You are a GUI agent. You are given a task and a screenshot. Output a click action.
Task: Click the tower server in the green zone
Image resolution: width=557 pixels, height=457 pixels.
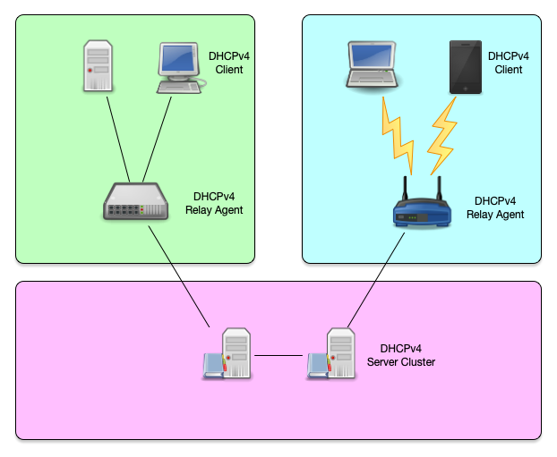pyautogui.click(x=98, y=64)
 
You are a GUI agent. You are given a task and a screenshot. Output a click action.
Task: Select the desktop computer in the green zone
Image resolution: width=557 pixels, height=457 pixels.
pyautogui.click(x=178, y=61)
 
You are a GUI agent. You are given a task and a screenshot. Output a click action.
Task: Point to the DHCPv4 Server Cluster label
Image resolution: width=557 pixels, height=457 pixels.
pyautogui.click(x=400, y=355)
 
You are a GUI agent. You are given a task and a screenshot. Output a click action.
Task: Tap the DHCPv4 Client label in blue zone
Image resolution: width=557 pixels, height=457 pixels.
pyautogui.click(x=508, y=63)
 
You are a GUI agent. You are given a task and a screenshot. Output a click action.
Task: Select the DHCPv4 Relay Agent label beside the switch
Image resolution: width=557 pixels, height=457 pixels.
pyautogui.click(x=218, y=203)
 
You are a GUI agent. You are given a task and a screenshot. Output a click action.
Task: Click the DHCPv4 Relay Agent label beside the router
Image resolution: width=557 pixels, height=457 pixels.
pyautogui.click(x=495, y=207)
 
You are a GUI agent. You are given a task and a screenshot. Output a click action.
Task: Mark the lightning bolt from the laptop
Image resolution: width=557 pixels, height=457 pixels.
pyautogui.click(x=397, y=132)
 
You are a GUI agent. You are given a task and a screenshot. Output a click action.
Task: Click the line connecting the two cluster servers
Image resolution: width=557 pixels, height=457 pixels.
pyautogui.click(x=279, y=356)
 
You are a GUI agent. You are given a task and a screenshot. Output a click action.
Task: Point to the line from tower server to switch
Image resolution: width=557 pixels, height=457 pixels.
pyautogui.click(x=117, y=134)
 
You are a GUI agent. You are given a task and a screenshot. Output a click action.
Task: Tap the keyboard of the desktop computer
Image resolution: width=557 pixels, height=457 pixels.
pyautogui.click(x=178, y=87)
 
